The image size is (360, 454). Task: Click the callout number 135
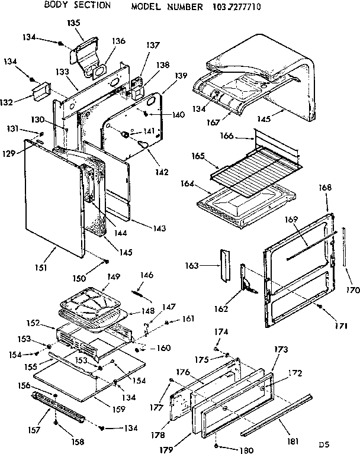pos(73,23)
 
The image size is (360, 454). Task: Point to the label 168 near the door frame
pos(326,188)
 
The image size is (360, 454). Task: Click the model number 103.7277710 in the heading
pos(229,7)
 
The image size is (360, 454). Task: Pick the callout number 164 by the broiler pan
pos(188,183)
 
